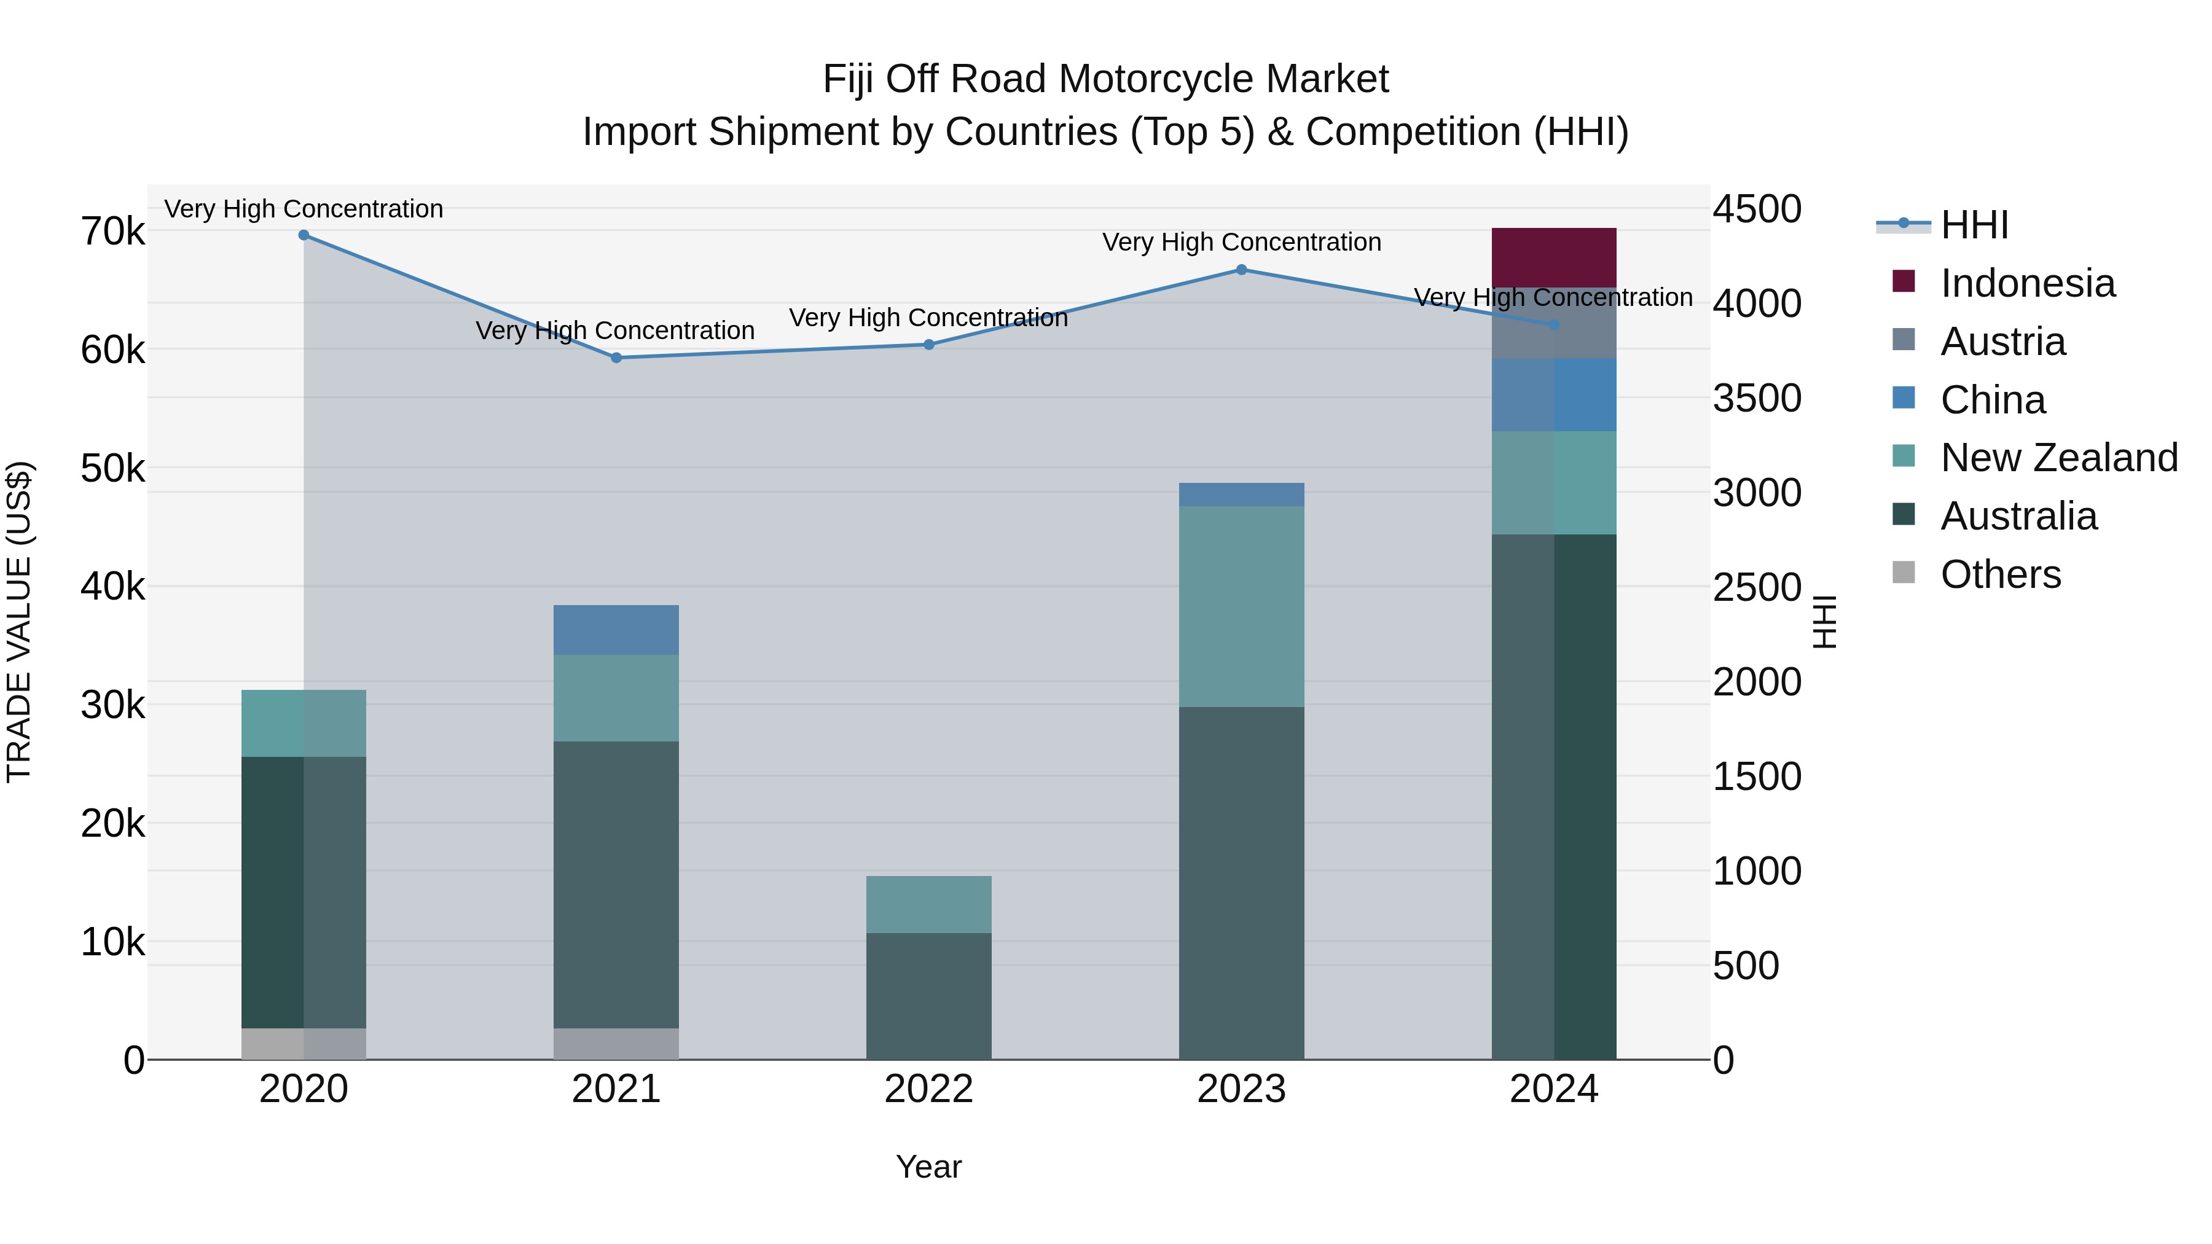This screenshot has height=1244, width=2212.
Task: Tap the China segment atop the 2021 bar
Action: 616,630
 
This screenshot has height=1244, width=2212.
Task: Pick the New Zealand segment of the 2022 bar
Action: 928,904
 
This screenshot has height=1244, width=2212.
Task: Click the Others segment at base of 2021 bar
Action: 616,1043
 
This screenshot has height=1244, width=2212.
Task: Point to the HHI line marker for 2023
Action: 1241,270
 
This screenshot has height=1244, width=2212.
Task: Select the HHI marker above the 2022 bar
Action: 928,344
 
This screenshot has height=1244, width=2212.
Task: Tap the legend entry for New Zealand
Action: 2058,458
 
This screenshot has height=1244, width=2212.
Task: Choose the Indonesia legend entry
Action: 2028,283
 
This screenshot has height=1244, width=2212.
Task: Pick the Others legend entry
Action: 2000,574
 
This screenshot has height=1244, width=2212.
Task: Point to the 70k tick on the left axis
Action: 112,232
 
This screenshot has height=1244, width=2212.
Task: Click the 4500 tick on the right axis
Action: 1757,209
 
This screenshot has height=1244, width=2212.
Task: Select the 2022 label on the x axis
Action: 928,1089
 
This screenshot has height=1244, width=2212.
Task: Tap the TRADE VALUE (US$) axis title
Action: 19,622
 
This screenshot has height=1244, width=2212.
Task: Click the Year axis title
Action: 928,1167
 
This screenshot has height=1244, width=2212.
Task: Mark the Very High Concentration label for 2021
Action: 615,331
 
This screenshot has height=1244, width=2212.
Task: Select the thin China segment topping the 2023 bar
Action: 1241,495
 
